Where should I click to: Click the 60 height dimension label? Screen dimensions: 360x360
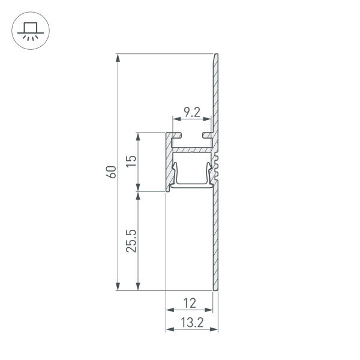[x=110, y=172]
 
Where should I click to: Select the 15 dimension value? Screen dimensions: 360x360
[x=132, y=161]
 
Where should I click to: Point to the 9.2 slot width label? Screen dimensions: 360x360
[x=192, y=112]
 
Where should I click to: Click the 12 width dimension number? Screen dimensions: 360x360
[x=189, y=304]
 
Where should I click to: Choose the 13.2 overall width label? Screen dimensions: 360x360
[x=191, y=322]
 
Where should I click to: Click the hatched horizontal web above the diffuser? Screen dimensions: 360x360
[x=192, y=146]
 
